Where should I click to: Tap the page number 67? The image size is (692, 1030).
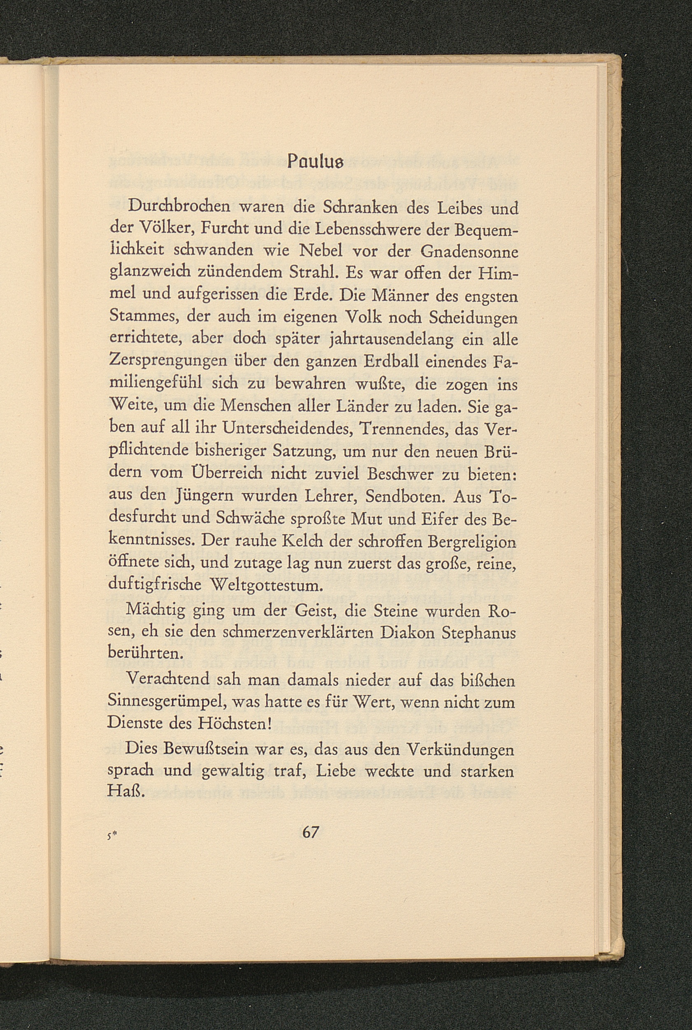310,832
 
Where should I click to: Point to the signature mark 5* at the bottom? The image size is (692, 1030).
116,834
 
